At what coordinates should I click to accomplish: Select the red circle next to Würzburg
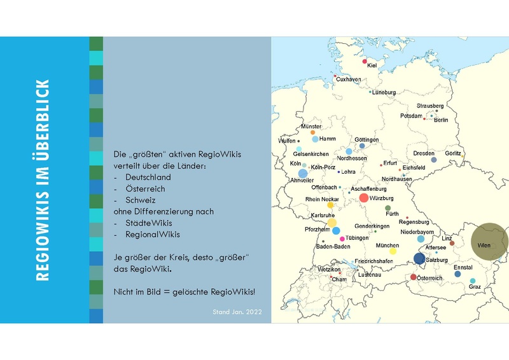[x=363, y=198]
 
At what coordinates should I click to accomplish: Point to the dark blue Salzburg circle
[x=419, y=258]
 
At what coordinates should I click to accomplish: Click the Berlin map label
[x=441, y=120]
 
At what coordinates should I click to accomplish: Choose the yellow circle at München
[x=393, y=251]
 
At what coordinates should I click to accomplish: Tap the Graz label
[x=475, y=287]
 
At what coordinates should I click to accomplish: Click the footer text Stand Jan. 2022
[x=237, y=312]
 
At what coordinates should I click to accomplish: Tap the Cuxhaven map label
[x=349, y=80]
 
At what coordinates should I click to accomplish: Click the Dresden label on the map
[x=424, y=153]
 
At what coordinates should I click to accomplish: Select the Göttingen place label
[x=366, y=140]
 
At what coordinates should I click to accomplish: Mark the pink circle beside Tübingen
[x=342, y=239]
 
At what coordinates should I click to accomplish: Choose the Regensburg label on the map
[x=414, y=222]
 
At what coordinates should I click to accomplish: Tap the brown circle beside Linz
[x=452, y=244]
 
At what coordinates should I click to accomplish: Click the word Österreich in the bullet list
[x=145, y=189]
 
